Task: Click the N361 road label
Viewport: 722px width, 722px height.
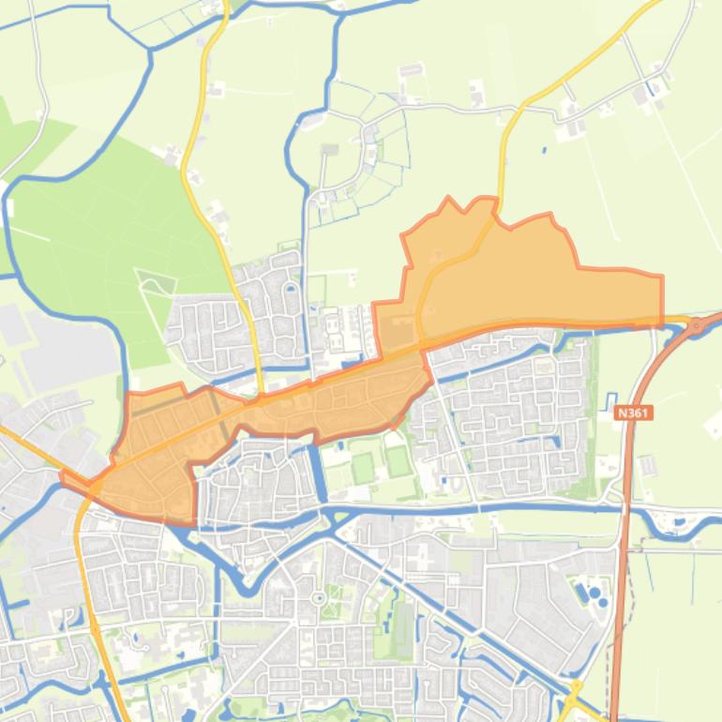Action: tap(634, 412)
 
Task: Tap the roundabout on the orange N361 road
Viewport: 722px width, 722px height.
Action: tap(697, 325)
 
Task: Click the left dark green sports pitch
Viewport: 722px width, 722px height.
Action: tap(363, 467)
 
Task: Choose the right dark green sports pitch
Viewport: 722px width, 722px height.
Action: tap(398, 461)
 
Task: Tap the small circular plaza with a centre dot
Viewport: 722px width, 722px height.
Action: tap(319, 597)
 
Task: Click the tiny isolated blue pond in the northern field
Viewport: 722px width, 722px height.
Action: tap(546, 148)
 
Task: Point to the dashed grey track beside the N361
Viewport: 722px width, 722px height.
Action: tap(634, 581)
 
